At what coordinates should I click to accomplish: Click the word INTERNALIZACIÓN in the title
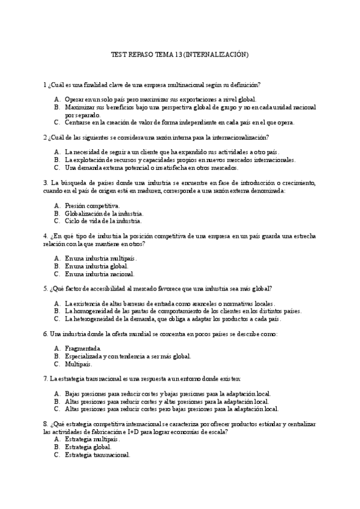coord(216,55)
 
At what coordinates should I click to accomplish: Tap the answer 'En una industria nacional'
coord(100,274)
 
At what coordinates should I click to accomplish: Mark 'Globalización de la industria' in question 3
coord(104,213)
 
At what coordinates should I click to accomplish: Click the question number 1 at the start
coord(45,84)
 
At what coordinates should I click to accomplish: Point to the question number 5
coord(46,288)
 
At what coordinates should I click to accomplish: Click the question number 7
coord(46,378)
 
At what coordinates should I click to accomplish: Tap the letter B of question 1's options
coord(56,107)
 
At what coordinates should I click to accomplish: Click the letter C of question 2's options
coord(56,167)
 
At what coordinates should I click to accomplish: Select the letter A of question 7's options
coord(56,394)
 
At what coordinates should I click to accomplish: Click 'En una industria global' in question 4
coord(96,266)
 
